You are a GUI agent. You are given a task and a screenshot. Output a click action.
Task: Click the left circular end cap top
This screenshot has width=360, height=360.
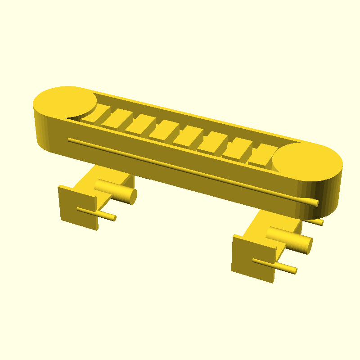[x=64, y=103]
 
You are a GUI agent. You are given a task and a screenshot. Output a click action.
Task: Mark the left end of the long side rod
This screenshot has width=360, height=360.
[x=70, y=140]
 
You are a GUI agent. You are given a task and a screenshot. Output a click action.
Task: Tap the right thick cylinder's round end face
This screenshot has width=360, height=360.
[x=307, y=244]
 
